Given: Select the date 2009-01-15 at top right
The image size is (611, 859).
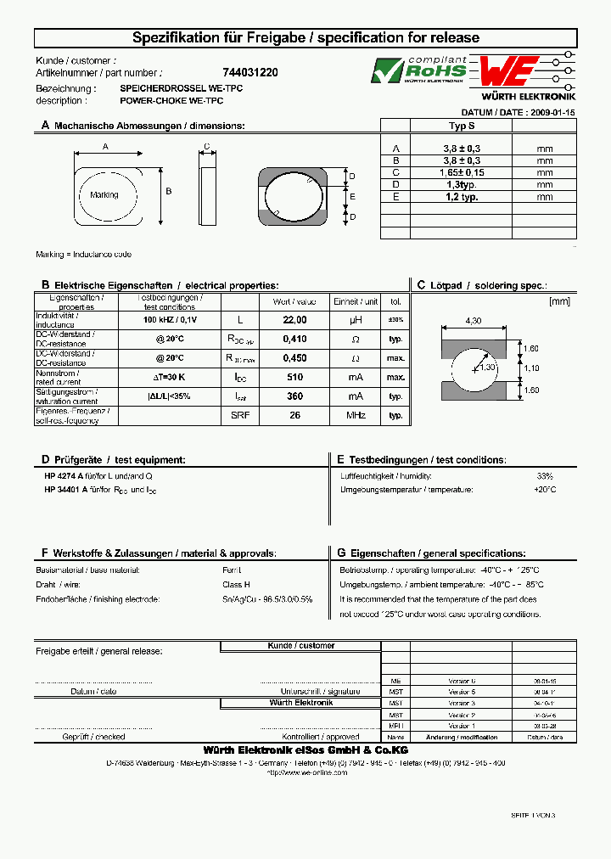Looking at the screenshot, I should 552,112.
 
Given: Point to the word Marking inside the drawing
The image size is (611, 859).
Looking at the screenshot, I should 104,195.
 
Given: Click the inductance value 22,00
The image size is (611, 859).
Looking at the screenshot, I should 294,320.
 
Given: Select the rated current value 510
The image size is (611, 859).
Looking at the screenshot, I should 294,377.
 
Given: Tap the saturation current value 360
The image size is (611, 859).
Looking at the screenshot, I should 294,396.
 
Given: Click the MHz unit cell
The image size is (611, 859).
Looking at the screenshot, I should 356,415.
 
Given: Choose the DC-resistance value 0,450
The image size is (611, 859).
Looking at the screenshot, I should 294,358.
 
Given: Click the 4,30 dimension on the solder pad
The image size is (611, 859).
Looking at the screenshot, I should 474,320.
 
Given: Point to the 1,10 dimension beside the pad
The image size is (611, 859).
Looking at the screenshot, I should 531,368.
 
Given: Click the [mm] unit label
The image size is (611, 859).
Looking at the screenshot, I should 560,300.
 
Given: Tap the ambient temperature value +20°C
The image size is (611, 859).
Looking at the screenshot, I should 544,490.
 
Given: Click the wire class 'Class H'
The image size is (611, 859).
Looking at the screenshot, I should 235,585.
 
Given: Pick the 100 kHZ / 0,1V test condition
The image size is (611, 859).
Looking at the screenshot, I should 170,320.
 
